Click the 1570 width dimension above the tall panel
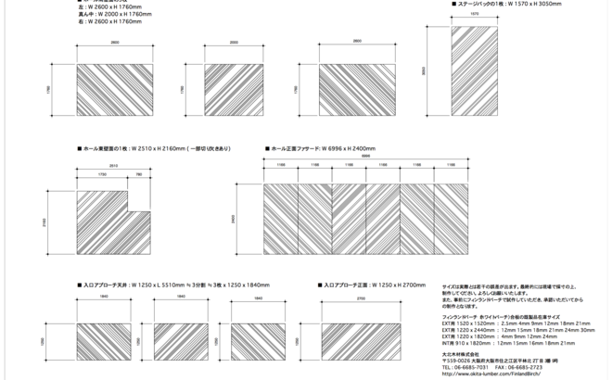pos(475,16)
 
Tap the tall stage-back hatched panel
pos(475,69)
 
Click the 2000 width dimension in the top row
pos(234,43)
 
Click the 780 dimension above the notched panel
pos(138,173)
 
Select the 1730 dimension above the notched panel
pos(100,173)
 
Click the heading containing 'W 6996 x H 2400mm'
pos(321,147)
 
